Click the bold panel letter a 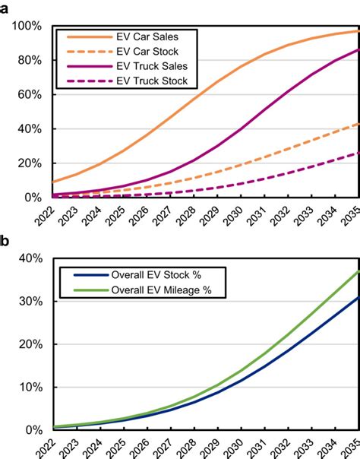pyautogui.click(x=5, y=6)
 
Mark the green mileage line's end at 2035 pyautogui.click(x=358, y=271)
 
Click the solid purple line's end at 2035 pyautogui.click(x=358, y=49)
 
